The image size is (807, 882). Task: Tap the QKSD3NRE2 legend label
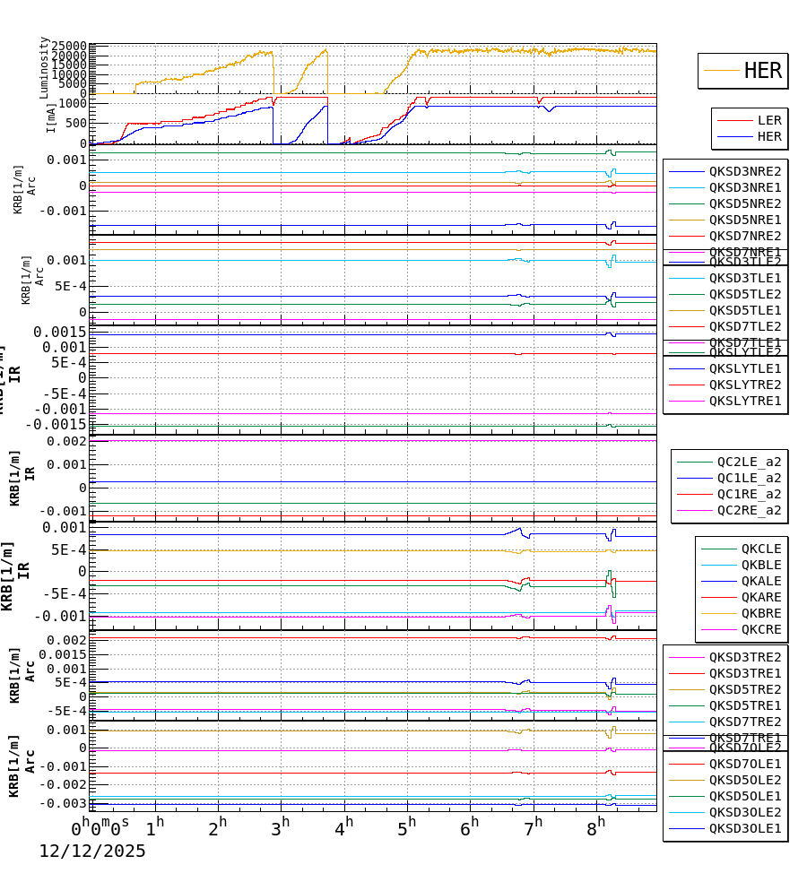(x=744, y=171)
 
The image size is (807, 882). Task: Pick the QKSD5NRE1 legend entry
(x=744, y=220)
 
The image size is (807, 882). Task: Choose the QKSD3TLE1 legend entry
(x=744, y=278)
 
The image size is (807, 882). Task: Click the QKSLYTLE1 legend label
(x=744, y=368)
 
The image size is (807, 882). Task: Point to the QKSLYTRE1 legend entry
(x=744, y=401)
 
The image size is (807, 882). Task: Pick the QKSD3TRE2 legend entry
(x=744, y=657)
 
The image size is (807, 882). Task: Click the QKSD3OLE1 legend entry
(x=744, y=828)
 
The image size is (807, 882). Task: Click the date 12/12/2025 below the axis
(x=91, y=852)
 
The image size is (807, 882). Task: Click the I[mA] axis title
(x=51, y=117)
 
